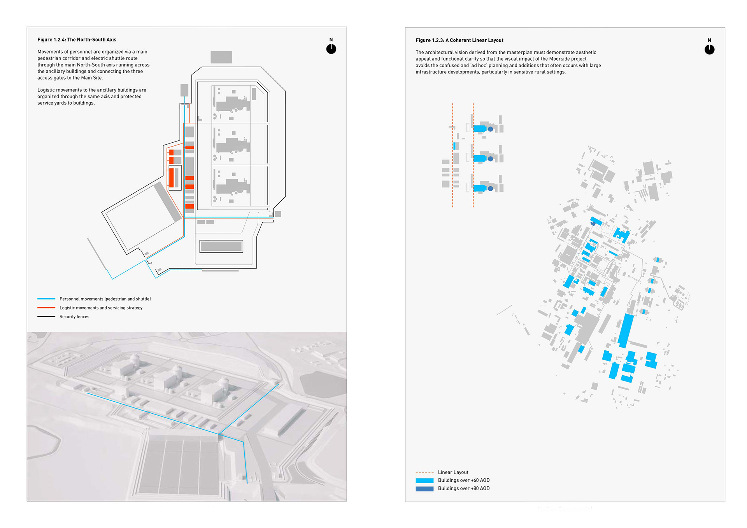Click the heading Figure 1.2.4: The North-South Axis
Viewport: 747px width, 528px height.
[77, 40]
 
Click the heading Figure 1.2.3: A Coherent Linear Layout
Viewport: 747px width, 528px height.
[459, 40]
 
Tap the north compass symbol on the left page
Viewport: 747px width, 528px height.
[331, 49]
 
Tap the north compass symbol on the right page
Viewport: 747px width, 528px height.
[709, 49]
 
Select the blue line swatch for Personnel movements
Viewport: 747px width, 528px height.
[46, 299]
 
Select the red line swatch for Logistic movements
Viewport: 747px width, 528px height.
[46, 308]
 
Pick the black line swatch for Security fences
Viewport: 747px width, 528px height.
[46, 317]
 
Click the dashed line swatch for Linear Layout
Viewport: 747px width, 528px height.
[424, 473]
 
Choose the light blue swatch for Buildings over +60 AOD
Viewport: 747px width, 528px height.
[424, 481]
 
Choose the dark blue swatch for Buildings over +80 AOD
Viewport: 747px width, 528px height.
[424, 489]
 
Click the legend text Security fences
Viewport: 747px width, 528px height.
[74, 317]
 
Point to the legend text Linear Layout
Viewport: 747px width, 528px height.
[453, 472]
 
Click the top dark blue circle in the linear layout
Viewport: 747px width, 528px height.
[491, 129]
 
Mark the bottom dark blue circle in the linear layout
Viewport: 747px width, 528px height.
[491, 189]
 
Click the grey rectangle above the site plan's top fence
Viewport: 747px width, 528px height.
[221, 57]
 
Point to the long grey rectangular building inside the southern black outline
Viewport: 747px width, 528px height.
[221, 246]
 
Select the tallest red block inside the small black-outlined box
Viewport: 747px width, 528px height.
[171, 178]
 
